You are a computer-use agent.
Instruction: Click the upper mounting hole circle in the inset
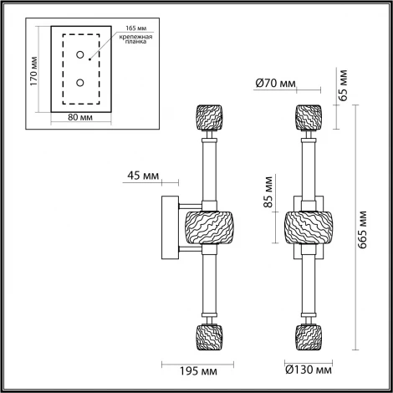(x=81, y=56)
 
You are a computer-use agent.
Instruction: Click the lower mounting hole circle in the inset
(x=81, y=82)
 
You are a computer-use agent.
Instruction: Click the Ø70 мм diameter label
(x=277, y=82)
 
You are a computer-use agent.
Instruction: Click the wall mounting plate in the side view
(x=168, y=226)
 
